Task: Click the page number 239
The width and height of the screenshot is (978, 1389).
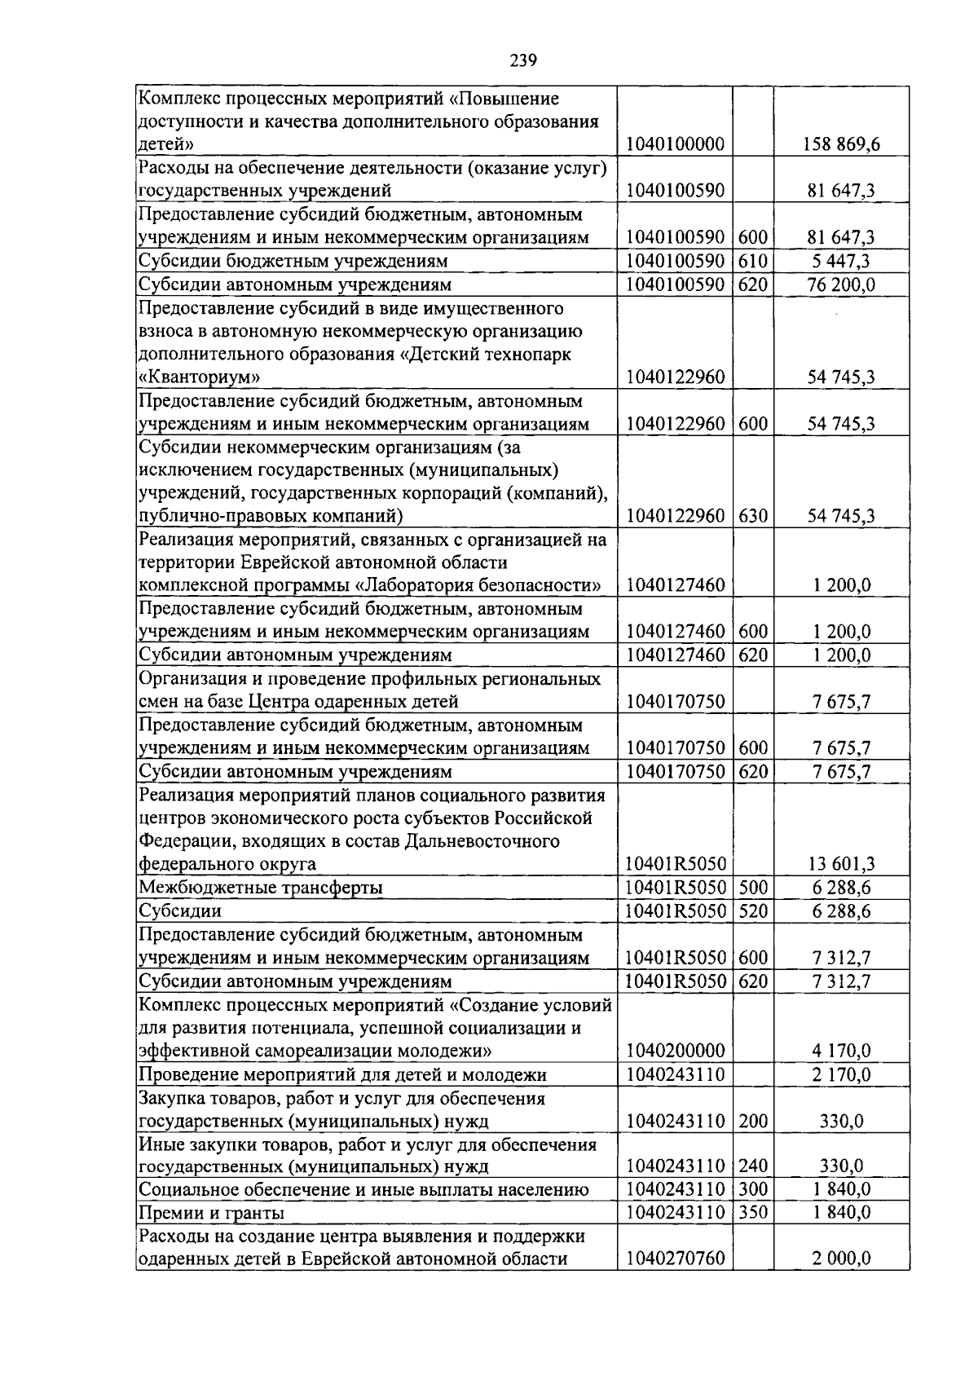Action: pos(522,60)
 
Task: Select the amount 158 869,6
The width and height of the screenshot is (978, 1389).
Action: pos(841,145)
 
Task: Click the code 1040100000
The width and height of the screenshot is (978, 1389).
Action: pos(675,145)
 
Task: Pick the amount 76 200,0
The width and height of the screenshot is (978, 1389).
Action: pos(841,285)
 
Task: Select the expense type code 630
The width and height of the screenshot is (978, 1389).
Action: pos(753,516)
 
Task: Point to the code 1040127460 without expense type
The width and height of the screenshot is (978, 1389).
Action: pos(675,585)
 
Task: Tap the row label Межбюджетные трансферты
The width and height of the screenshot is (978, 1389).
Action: pos(261,888)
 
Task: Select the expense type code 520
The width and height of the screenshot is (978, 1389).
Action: pos(753,911)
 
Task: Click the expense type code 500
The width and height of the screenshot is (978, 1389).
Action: pos(753,888)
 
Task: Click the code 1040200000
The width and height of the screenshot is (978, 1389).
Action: pos(675,1051)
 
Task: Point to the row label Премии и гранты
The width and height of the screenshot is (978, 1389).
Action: pos(212,1213)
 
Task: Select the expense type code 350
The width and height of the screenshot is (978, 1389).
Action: pos(753,1212)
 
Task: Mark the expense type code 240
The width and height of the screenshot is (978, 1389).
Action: pos(753,1166)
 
